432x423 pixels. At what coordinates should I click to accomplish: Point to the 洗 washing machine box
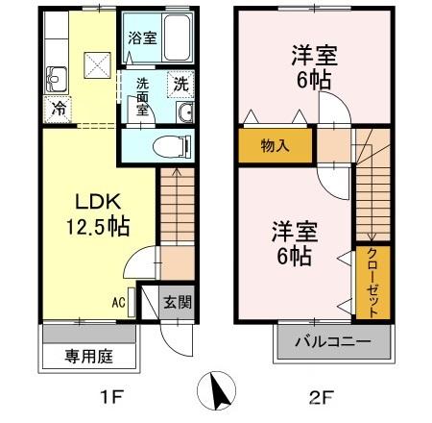pos(180,85)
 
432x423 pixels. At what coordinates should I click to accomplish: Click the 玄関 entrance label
pos(175,302)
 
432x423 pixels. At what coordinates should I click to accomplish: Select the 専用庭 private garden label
pos(89,357)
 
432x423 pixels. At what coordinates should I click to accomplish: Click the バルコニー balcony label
pos(336,341)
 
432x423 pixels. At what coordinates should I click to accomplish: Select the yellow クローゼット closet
pos(372,282)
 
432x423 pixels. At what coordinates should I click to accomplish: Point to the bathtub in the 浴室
pos(174,39)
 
